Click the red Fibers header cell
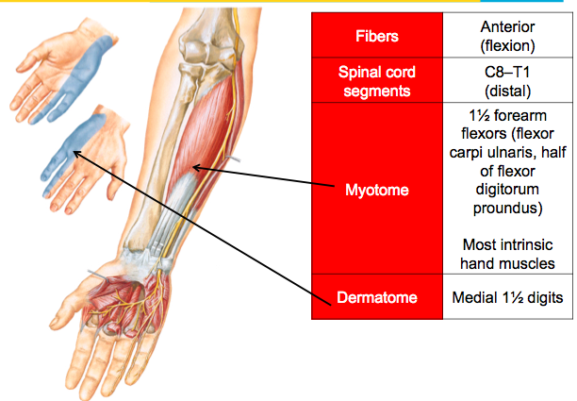(377, 36)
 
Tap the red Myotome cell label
(377, 190)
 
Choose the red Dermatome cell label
(377, 298)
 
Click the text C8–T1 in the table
(507, 72)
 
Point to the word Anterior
(507, 27)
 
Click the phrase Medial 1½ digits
(507, 298)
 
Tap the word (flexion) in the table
(507, 44)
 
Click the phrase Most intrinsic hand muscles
(507, 255)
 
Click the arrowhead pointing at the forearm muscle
(195, 167)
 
